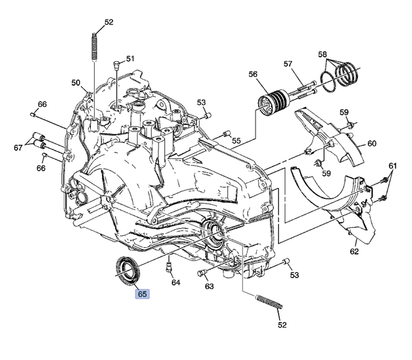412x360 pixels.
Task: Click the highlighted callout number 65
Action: click(142, 294)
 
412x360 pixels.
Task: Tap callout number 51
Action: click(131, 59)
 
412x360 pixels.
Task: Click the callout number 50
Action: click(76, 83)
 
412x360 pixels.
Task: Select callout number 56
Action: click(253, 74)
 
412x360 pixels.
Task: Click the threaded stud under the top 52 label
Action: click(96, 45)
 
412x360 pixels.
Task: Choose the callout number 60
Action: click(371, 143)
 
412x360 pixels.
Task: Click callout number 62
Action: click(354, 251)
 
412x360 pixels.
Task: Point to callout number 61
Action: click(393, 166)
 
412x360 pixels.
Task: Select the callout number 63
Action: click(209, 288)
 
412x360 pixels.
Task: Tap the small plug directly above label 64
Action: click(169, 266)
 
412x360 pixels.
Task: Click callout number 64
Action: click(176, 282)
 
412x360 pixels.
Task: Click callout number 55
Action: click(236, 140)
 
